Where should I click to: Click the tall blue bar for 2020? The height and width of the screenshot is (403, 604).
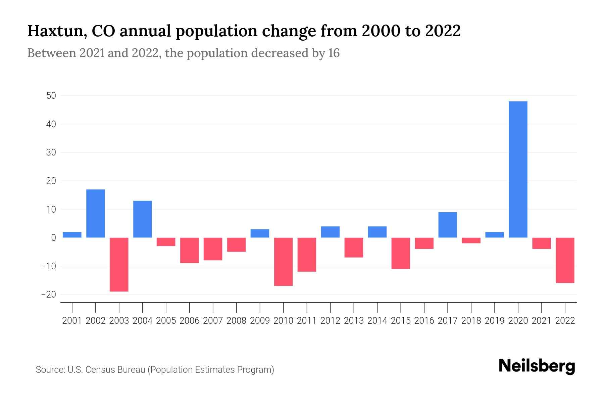(x=518, y=170)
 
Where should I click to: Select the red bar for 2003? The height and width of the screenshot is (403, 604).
(x=119, y=264)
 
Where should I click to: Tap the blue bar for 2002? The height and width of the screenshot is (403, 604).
(x=96, y=214)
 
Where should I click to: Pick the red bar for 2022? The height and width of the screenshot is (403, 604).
(x=565, y=260)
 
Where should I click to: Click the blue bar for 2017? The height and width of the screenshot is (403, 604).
(x=448, y=225)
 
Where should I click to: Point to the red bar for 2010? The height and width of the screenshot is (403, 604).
(x=283, y=262)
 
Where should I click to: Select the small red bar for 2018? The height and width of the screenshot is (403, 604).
(x=471, y=240)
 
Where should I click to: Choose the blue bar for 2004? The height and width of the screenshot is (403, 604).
(x=143, y=219)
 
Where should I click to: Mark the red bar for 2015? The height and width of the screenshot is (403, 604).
(x=401, y=253)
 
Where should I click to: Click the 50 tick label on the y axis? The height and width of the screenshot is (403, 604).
(x=51, y=96)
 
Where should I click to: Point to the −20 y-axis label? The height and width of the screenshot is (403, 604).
(x=48, y=295)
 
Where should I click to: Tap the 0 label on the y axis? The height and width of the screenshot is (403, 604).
(x=53, y=238)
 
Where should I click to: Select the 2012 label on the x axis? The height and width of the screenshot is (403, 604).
(x=330, y=321)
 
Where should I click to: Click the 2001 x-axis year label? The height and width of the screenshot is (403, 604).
(x=72, y=321)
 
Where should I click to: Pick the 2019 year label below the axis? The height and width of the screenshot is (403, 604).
(x=495, y=321)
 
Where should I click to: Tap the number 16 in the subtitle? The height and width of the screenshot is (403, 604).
(x=334, y=53)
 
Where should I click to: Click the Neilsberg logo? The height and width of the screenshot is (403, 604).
(x=537, y=366)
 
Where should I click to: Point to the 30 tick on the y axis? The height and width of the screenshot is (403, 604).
(x=51, y=152)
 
